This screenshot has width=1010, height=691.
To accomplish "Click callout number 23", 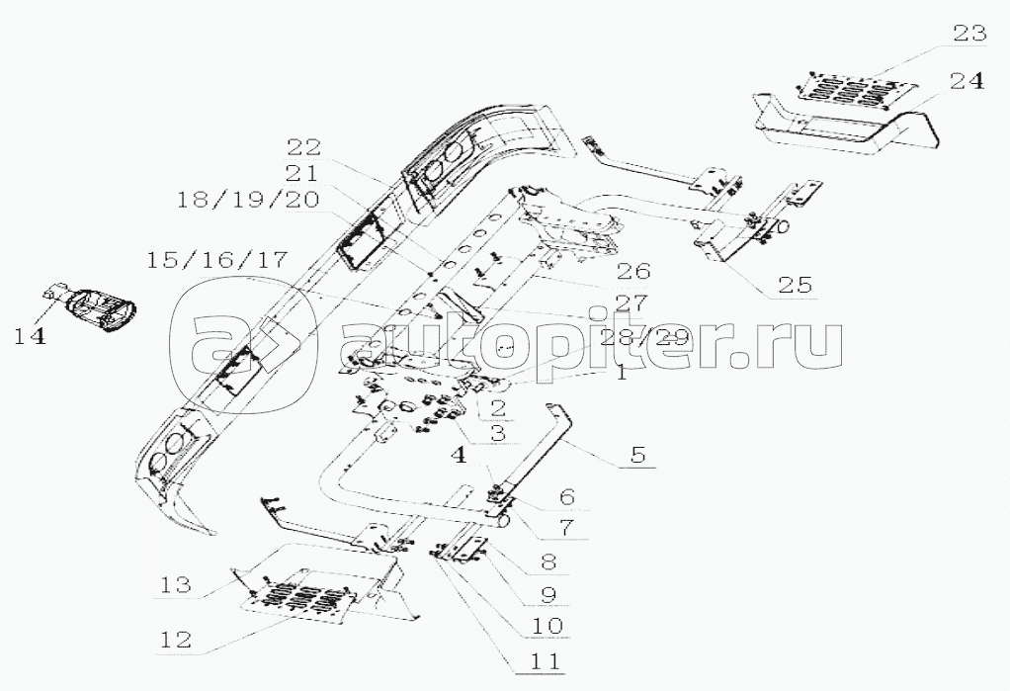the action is coord(969,33).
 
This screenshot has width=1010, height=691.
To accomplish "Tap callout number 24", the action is coord(967,81).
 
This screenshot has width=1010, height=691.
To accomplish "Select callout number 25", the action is coord(796,285).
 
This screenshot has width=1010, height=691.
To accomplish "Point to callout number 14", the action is coord(31,335).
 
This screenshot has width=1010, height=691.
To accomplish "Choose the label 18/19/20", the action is coord(248,200).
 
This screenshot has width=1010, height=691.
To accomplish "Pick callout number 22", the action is coord(303,147).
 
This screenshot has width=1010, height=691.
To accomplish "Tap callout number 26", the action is coord(633,272).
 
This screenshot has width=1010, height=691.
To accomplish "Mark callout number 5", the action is coord(637,455).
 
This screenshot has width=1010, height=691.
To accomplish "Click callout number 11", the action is coord(545,660).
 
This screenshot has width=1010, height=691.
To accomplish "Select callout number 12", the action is coord(175,640).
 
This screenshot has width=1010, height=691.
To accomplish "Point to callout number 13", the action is coord(175,584).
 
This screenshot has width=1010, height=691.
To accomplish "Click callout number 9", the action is coord(548,594).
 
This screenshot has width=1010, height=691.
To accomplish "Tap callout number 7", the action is coord(566,527).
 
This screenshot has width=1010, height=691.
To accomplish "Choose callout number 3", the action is coord(497,432).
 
